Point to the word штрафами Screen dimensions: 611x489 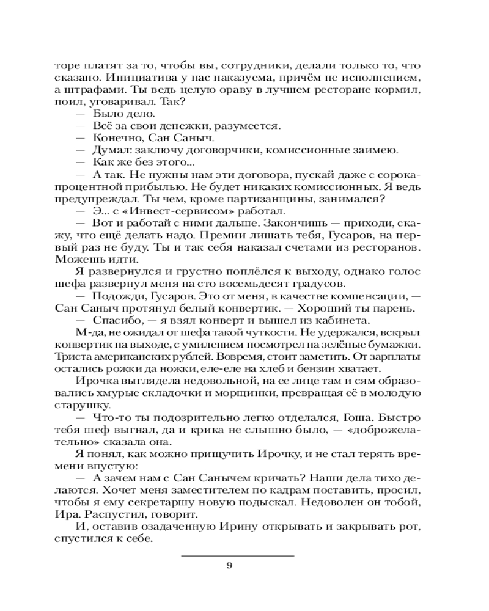click(x=85, y=90)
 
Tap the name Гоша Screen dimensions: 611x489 click(x=351, y=417)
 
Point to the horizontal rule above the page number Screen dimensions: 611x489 click(x=238, y=555)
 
